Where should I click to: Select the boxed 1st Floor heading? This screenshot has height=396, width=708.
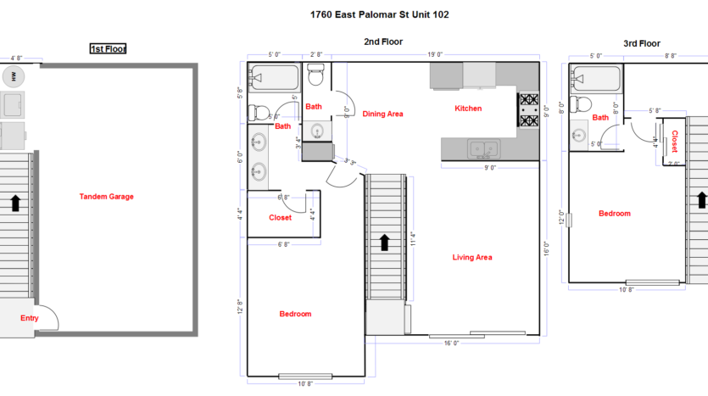pos(108,49)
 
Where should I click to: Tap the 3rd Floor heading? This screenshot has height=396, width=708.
pos(641,43)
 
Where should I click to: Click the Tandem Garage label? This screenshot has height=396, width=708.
pos(106,197)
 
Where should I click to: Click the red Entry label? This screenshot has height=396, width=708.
pos(29,319)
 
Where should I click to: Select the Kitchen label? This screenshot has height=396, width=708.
pos(468,109)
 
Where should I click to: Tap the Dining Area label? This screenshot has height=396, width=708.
pos(382,114)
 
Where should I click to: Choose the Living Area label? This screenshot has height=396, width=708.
pos(472,257)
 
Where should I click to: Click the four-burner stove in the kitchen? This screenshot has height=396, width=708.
pos(529,110)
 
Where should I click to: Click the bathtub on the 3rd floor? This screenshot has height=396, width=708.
pos(595,80)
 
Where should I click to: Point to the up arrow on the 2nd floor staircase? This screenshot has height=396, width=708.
pos(384,243)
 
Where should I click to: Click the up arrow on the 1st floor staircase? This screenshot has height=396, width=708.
pos(14,203)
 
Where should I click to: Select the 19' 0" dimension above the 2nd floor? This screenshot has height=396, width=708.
pos(435,55)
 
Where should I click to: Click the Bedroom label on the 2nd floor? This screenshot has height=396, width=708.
pos(295,314)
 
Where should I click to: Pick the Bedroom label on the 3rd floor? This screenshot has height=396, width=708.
pos(615,214)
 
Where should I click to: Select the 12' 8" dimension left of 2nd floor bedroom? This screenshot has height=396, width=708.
pos(241,306)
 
